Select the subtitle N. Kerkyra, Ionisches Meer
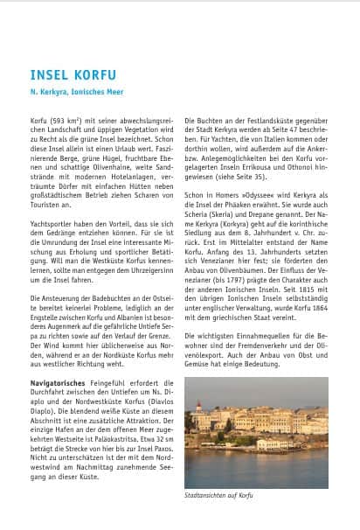(70, 90)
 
